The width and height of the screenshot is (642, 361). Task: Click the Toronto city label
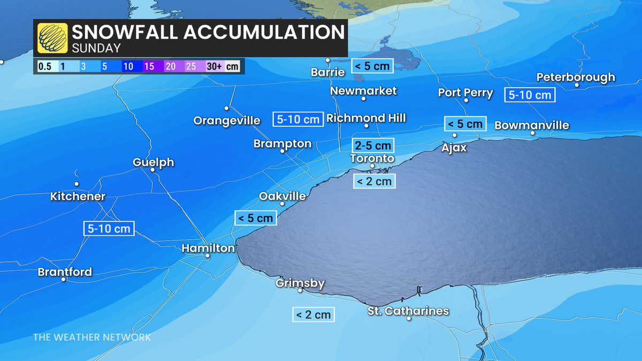(x=372, y=159)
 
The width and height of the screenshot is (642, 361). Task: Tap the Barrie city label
(x=327, y=72)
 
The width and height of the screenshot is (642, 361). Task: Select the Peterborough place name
(x=576, y=77)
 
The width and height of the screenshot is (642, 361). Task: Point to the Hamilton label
(x=208, y=248)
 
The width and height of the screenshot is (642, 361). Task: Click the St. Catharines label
(x=408, y=311)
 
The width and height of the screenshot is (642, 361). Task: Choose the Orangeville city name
(x=227, y=121)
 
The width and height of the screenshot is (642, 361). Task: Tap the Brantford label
(x=65, y=272)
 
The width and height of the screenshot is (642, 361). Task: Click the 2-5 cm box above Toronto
(x=372, y=145)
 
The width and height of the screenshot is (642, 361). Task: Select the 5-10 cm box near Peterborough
(x=530, y=95)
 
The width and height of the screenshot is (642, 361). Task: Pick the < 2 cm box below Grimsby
(x=313, y=314)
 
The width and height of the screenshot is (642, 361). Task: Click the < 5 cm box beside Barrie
(x=372, y=66)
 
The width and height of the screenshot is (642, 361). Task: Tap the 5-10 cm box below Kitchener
(x=109, y=228)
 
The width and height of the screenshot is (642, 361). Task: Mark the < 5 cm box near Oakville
(x=256, y=218)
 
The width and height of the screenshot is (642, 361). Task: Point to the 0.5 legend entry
(x=44, y=67)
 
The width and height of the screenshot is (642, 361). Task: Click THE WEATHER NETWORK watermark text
(x=92, y=337)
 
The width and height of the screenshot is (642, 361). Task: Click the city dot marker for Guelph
(x=152, y=170)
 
